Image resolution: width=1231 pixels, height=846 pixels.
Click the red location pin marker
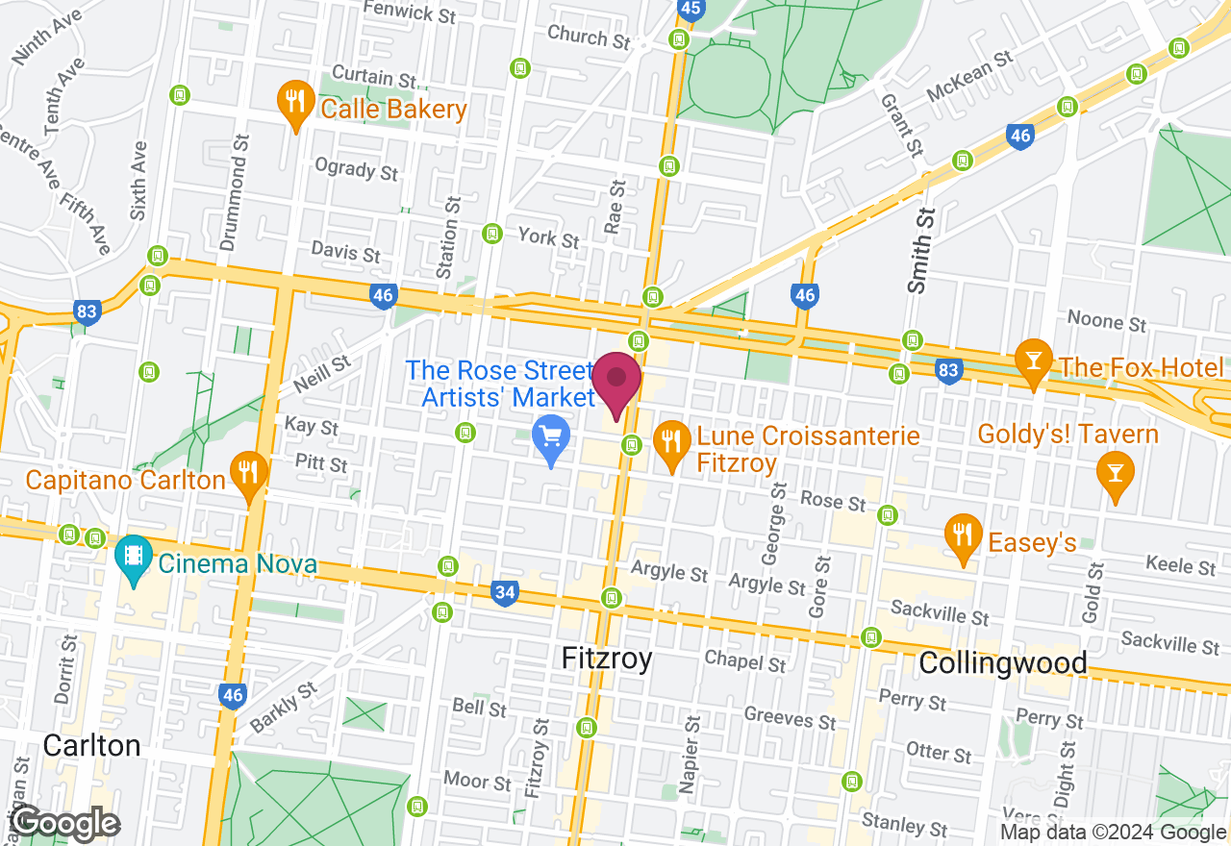pos(616,382)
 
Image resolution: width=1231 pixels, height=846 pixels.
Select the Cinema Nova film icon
pos(134,558)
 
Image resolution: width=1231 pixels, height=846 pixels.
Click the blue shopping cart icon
pos(551,438)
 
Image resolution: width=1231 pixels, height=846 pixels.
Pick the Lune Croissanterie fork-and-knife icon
pos(671,443)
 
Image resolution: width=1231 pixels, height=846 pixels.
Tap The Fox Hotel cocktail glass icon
pos(1034,361)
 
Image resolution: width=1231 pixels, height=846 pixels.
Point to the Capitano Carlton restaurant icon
pos(249,474)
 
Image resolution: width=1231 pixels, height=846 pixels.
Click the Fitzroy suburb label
pos(606,659)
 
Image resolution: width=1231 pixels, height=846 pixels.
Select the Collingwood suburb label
pos(1003,662)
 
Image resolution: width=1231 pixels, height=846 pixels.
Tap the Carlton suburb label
pos(92,745)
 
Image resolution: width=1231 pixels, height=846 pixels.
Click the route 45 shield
pos(691,8)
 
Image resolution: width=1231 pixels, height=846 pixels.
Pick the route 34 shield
pos(504,593)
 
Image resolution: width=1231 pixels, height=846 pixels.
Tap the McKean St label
pos(969,78)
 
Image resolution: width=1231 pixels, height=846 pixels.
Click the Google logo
pos(65,823)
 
